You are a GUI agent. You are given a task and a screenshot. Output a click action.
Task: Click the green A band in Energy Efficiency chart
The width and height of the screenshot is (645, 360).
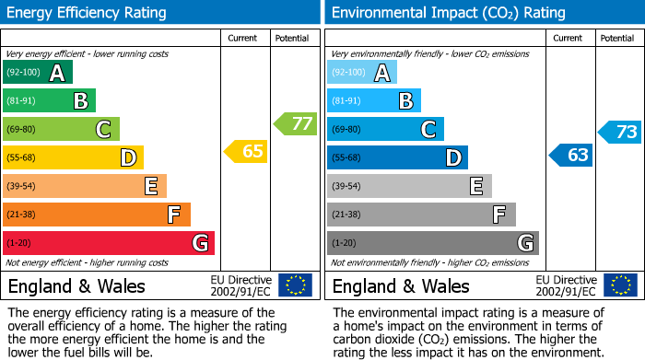pyautogui.click(x=37, y=73)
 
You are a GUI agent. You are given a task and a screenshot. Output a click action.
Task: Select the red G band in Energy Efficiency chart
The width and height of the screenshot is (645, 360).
pyautogui.click(x=108, y=243)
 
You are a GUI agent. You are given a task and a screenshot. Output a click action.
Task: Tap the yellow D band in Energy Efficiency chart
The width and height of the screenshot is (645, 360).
pyautogui.click(x=73, y=158)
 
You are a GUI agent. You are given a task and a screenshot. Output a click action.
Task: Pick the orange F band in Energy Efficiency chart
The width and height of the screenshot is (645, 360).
pyautogui.click(x=96, y=215)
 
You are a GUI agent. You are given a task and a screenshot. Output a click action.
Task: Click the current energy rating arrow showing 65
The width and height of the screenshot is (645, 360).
pyautogui.click(x=247, y=152)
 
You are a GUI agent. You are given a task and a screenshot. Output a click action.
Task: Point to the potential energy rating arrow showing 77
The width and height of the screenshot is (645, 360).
pyautogui.click(x=295, y=123)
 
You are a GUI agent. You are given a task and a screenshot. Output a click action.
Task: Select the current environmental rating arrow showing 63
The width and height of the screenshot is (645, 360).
pyautogui.click(x=571, y=155)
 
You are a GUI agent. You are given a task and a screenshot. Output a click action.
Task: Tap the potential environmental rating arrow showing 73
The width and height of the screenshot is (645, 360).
pyautogui.click(x=620, y=132)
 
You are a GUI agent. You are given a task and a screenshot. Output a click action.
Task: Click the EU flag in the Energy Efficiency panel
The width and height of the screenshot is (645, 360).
pyautogui.click(x=295, y=285)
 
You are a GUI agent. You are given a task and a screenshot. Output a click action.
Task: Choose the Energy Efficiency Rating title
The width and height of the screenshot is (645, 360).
pyautogui.click(x=88, y=13)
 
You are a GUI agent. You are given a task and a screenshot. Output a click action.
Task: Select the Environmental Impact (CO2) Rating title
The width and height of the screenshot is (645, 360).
pyautogui.click(x=447, y=13)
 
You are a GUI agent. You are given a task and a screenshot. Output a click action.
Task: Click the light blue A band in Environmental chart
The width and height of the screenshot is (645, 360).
pyautogui.click(x=361, y=73)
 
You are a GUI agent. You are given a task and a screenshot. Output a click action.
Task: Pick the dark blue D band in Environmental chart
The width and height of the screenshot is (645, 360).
pyautogui.click(x=397, y=158)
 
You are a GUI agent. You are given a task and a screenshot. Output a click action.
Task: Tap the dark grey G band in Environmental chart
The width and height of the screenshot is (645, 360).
pyautogui.click(x=432, y=243)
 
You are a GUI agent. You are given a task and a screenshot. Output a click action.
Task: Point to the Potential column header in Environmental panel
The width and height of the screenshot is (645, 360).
pyautogui.click(x=617, y=38)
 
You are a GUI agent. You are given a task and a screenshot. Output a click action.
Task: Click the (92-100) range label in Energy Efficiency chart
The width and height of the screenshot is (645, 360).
pyautogui.click(x=23, y=73)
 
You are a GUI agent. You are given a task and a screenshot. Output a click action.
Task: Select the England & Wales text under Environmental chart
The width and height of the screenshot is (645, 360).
pyautogui.click(x=401, y=285)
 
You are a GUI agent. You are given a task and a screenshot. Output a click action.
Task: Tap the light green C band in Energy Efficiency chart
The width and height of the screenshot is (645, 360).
pyautogui.click(x=61, y=130)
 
